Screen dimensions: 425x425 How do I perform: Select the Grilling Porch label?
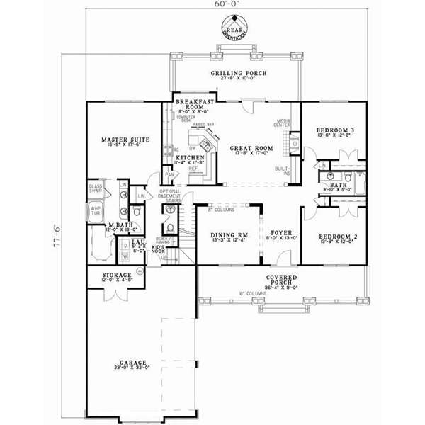pyautogui.click(x=237, y=74)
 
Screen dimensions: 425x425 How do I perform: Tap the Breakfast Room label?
pyautogui.click(x=189, y=106)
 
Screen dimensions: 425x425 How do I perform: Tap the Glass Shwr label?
pyautogui.click(x=96, y=188)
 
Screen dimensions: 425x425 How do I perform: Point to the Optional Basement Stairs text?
pyautogui.click(x=172, y=196)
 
